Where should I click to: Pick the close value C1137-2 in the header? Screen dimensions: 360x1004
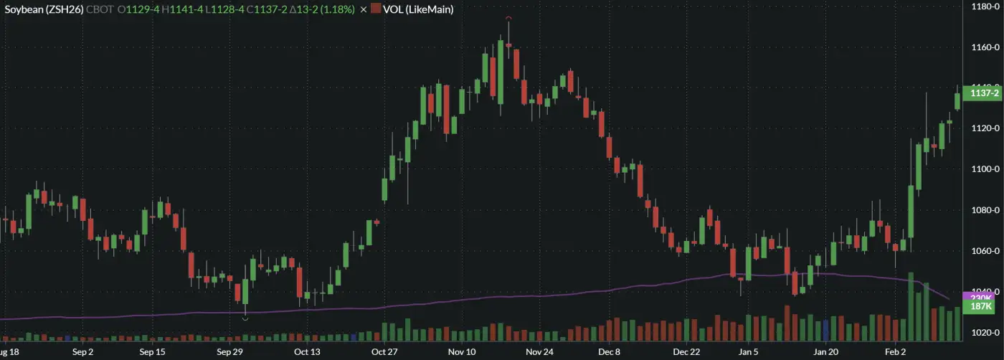(x=273, y=9)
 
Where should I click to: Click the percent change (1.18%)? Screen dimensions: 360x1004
(x=336, y=9)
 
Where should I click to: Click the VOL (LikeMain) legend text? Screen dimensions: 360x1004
(x=418, y=9)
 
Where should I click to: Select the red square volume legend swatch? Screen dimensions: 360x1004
(x=376, y=9)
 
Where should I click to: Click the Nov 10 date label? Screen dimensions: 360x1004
(x=462, y=352)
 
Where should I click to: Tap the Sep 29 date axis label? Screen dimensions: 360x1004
(x=230, y=352)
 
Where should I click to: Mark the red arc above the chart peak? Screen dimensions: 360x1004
(x=508, y=17)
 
